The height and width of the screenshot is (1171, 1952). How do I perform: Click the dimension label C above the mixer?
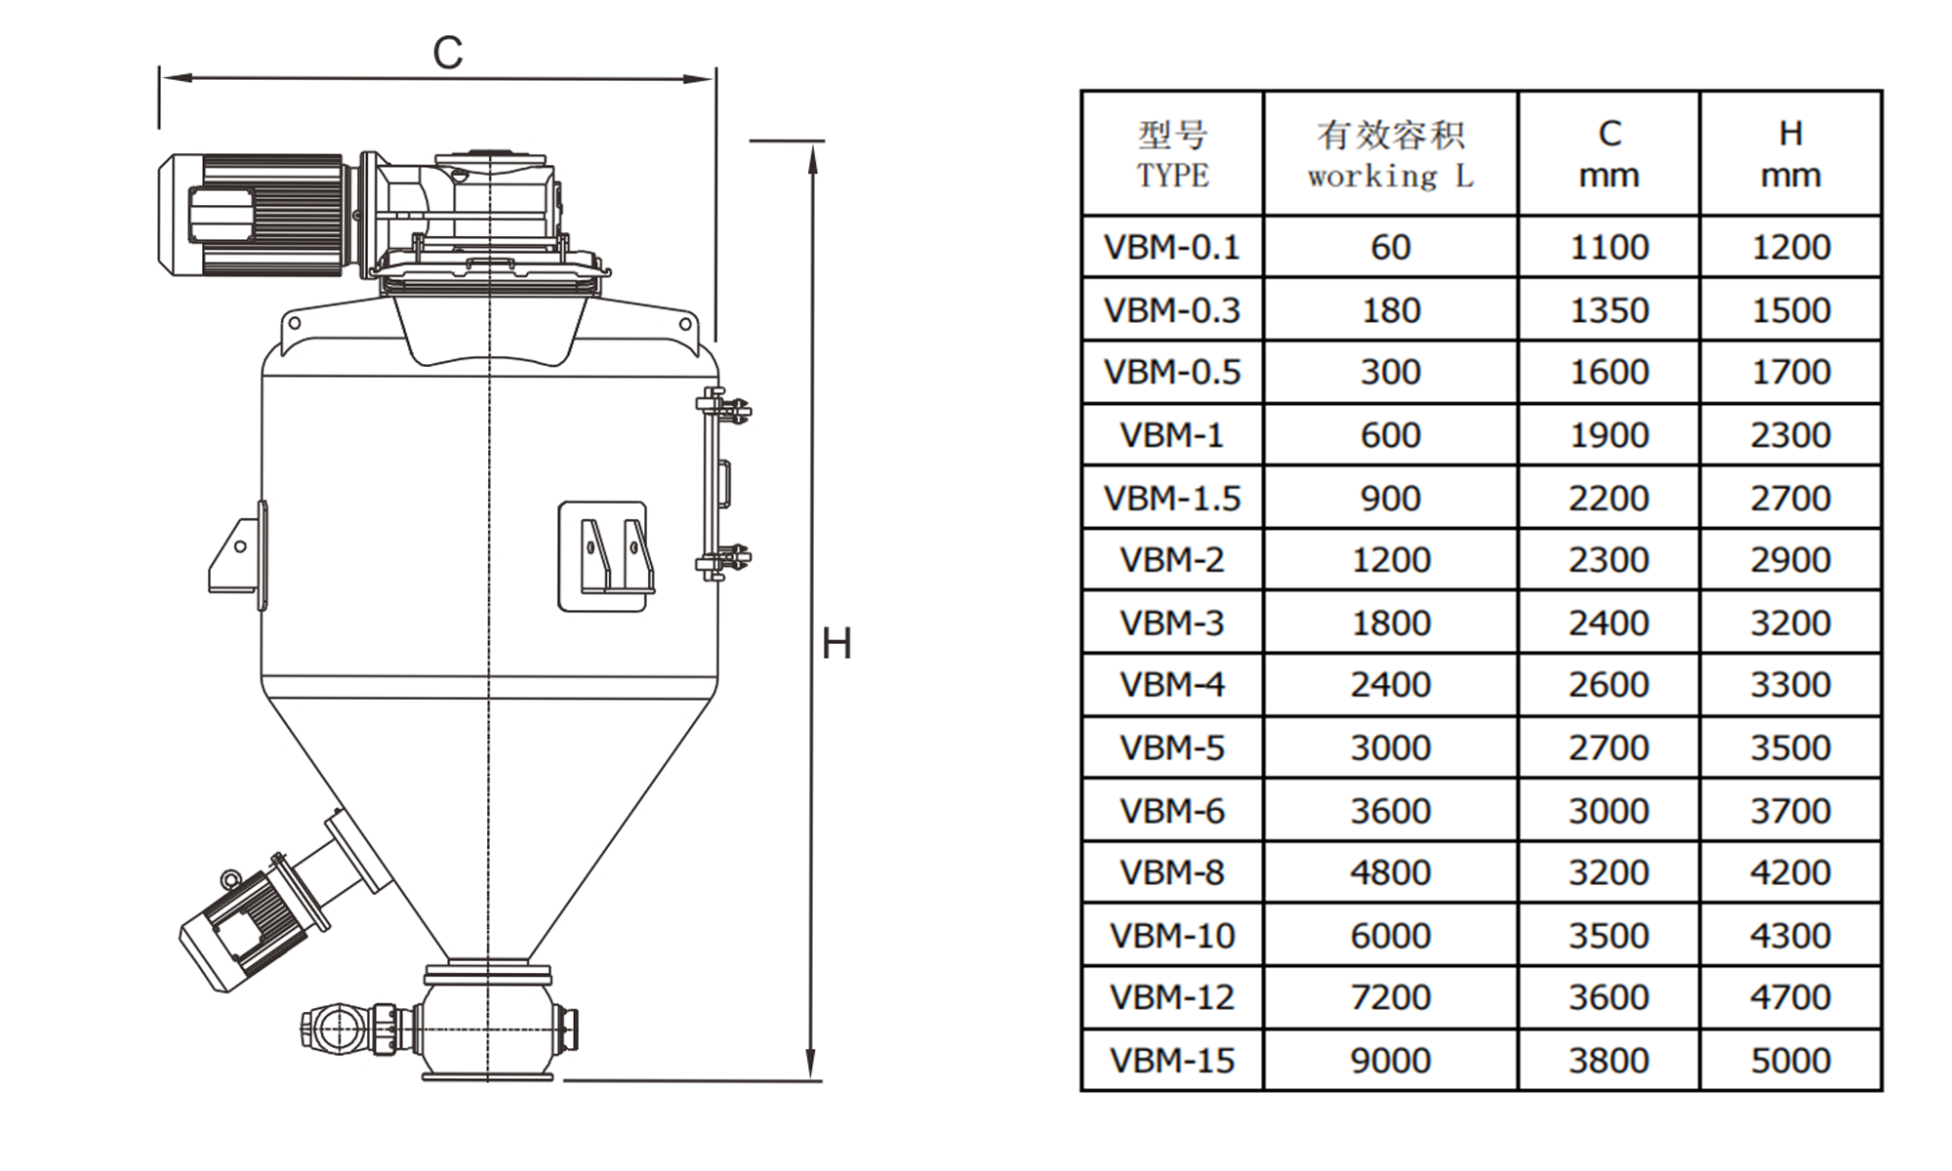coord(447,53)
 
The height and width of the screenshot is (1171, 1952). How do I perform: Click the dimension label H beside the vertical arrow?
coord(836,644)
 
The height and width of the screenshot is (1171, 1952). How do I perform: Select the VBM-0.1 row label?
coord(1171,247)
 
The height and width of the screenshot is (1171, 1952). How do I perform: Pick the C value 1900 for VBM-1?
coord(1608,435)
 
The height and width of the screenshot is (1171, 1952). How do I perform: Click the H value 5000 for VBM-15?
coord(1790,1061)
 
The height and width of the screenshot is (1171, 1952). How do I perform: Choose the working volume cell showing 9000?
coord(1390,1061)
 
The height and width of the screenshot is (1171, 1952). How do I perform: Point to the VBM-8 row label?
coord(1171,872)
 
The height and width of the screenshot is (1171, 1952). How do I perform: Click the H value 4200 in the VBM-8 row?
coord(1790,872)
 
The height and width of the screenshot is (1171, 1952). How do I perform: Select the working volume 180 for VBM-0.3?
coord(1390,310)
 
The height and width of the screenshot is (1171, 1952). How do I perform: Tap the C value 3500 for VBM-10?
coord(1608,936)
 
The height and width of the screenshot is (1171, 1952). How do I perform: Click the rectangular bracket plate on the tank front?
coord(603,556)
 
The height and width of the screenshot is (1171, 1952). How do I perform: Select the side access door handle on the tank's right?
coord(725,484)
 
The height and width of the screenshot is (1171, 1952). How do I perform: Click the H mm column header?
coord(1790,154)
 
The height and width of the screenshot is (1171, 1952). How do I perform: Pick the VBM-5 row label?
coord(1171,747)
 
